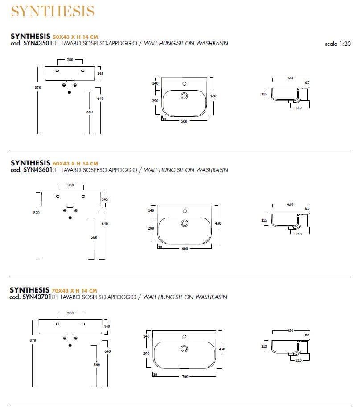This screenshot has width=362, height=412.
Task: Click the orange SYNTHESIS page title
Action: tap(52, 11)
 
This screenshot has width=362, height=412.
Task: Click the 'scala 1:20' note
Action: tap(338, 44)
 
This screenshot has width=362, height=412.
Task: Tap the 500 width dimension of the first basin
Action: tap(184, 121)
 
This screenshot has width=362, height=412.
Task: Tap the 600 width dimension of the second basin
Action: tap(184, 249)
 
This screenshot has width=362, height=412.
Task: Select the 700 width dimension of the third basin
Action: tap(185, 377)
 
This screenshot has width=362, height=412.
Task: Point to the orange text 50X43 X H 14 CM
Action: tap(75, 37)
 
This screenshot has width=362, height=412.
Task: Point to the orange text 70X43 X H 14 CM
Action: tap(74, 290)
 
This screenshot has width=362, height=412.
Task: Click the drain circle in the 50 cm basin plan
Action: tap(184, 95)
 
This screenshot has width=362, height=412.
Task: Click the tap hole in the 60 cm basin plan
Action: tap(185, 210)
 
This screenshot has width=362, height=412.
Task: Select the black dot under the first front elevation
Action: tap(69, 92)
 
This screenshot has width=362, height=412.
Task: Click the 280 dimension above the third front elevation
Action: tap(70, 313)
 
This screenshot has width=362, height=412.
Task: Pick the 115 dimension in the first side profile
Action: tap(264, 94)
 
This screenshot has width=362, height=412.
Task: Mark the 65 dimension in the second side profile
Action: tap(307, 209)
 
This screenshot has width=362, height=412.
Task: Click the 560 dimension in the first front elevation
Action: tap(90, 112)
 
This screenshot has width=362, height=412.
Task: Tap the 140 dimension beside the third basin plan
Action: tap(146, 336)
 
